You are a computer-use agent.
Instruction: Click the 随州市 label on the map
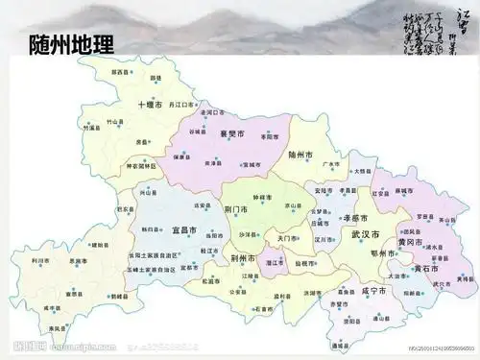pyautogui.click(x=300, y=153)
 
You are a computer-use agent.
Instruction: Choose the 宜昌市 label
pyautogui.click(x=185, y=230)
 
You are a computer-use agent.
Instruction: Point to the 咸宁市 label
pyautogui.click(x=372, y=289)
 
